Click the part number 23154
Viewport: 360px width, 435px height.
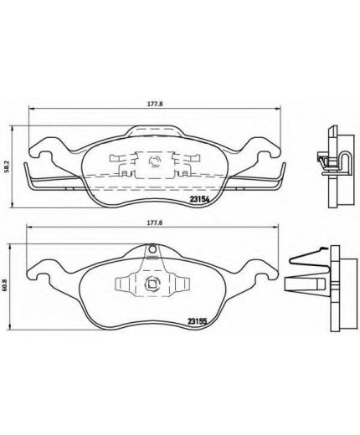coord(198,199)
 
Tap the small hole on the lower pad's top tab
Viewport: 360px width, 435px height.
coord(152,247)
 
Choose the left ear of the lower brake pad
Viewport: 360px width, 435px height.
coord(40,269)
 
